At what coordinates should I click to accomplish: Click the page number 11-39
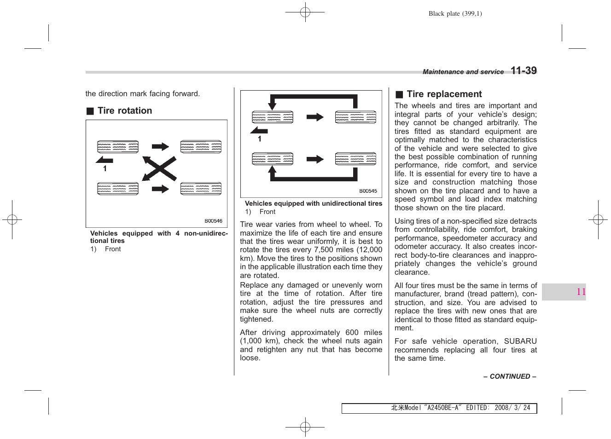(524, 70)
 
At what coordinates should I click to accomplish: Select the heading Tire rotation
(124, 110)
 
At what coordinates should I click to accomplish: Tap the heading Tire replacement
(444, 94)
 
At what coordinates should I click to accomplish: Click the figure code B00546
(213, 221)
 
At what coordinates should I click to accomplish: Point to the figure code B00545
(368, 191)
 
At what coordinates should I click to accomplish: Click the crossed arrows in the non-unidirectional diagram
(159, 168)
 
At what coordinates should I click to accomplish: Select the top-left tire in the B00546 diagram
(118, 147)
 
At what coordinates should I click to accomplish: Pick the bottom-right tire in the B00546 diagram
(201, 189)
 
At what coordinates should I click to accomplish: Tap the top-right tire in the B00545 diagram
(355, 117)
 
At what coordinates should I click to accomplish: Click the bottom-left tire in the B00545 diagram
(273, 159)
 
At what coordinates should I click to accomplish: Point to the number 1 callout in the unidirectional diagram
(260, 139)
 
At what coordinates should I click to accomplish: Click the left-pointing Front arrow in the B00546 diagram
(104, 160)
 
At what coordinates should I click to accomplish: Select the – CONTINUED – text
(510, 376)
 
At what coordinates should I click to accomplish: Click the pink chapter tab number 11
(581, 292)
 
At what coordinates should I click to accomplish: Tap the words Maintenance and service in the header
(463, 72)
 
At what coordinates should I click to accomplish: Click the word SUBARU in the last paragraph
(520, 341)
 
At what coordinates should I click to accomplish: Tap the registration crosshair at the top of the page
(305, 12)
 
